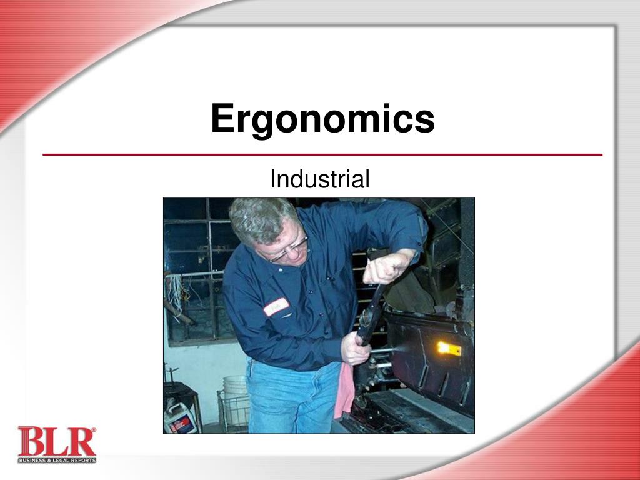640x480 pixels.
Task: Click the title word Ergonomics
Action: tap(322, 119)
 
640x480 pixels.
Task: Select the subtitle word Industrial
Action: tap(319, 179)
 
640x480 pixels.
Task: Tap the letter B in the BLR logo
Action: tap(30, 442)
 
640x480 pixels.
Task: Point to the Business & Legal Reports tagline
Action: tap(57, 461)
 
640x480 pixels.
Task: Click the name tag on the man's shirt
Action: tap(276, 306)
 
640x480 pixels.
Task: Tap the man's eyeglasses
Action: tap(289, 251)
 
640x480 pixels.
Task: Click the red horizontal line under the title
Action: tap(322, 154)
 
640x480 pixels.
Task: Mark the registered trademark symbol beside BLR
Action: tap(94, 430)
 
